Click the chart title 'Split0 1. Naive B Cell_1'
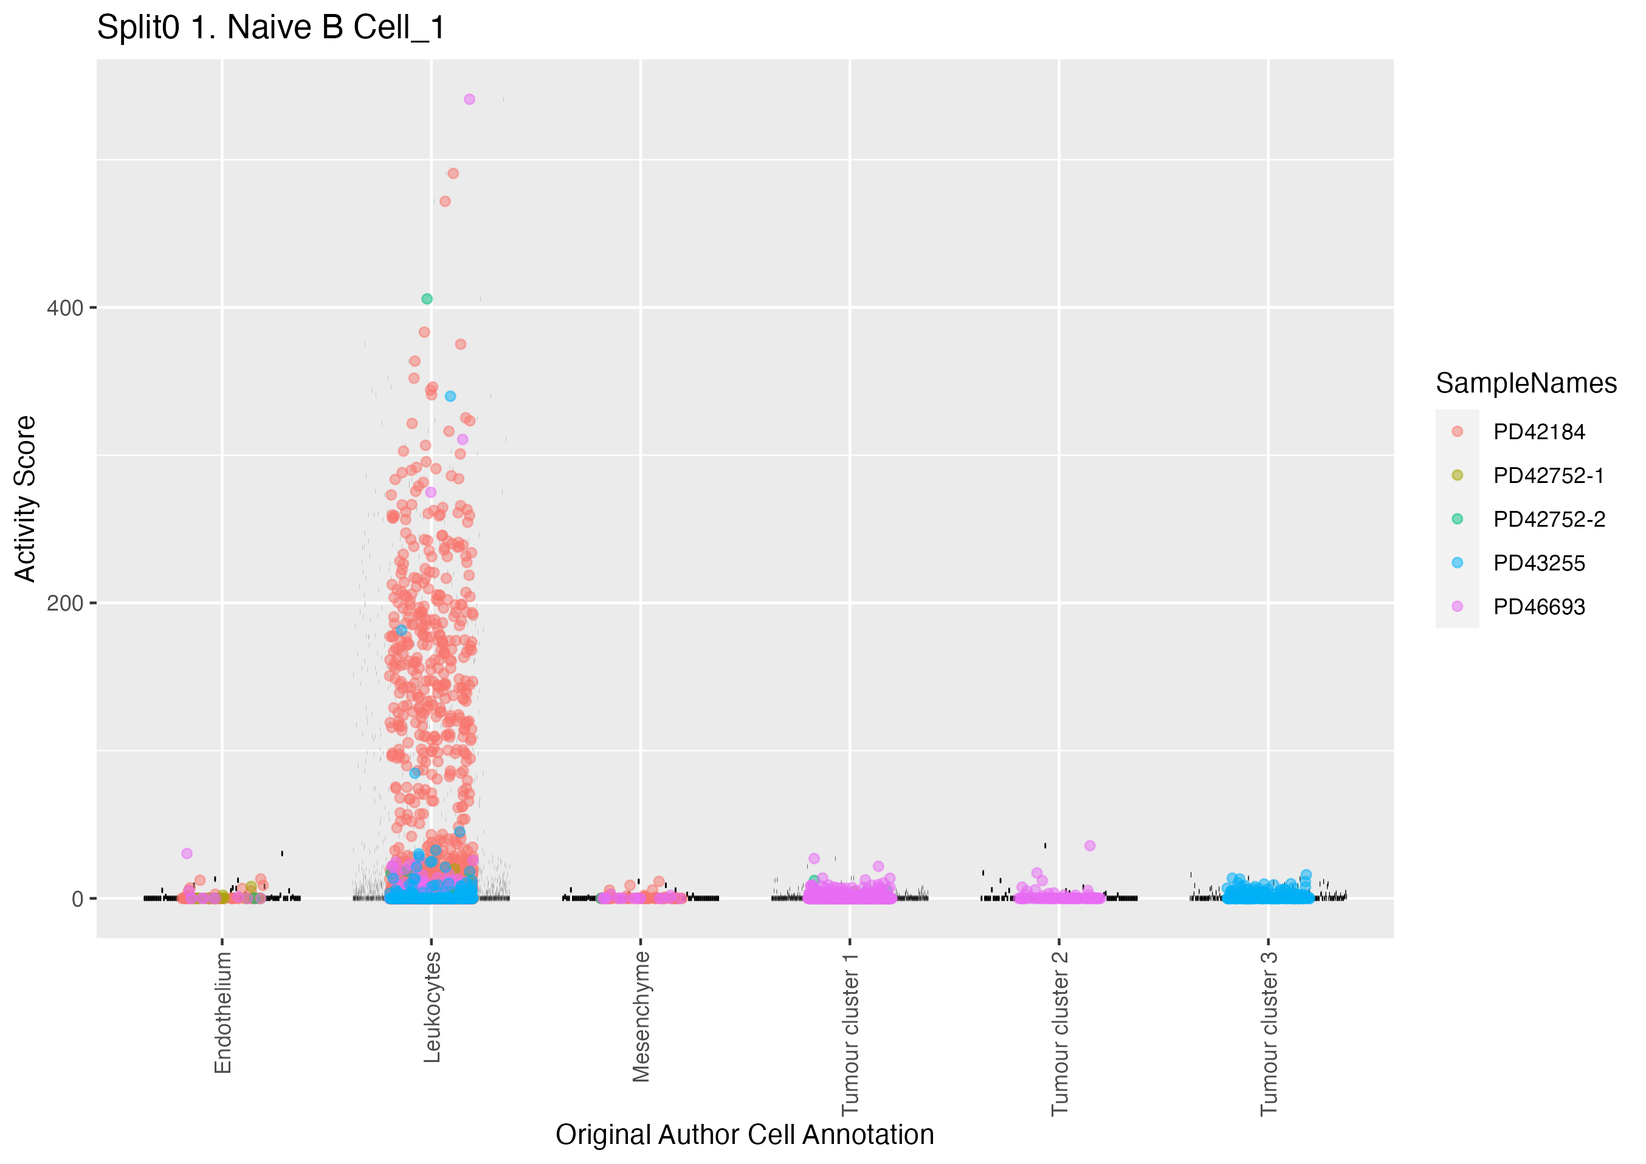pos(271,28)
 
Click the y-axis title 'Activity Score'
pos(26,499)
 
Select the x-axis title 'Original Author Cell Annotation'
pos(744,1135)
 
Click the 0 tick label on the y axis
pos(77,899)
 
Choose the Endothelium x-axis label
pos(223,1012)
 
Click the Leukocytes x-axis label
pos(432,1007)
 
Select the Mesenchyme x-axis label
pos(641,1016)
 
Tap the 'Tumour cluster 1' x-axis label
pos(850,1034)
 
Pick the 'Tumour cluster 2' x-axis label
pos(1059,1034)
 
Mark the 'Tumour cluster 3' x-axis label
pos(1269,1034)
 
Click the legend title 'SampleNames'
pos(1526,383)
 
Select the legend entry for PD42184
pos(1538,432)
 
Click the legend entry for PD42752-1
pos(1548,476)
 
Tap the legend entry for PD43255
pos(1538,563)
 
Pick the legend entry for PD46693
pos(1538,607)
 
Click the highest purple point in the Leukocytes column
pos(470,100)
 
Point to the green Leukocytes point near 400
pos(427,299)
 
